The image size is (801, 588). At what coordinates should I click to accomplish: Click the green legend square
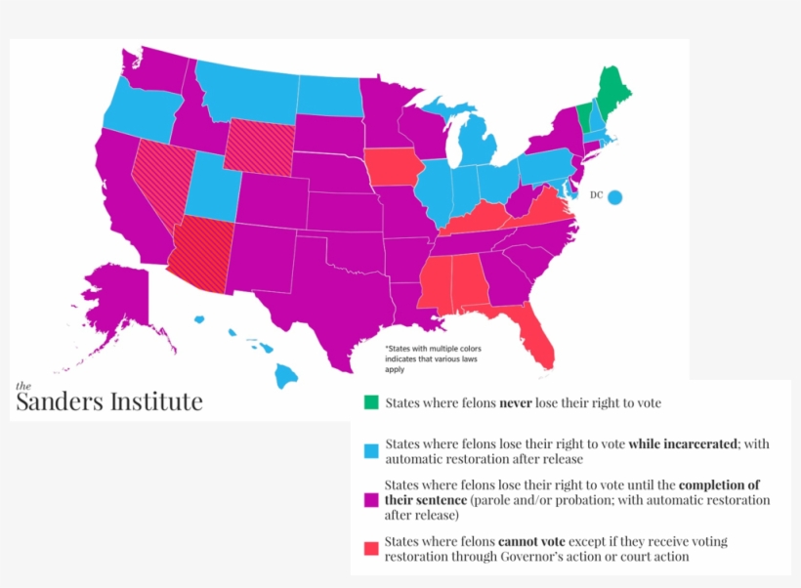coord(371,401)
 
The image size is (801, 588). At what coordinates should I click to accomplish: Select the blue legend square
coord(371,451)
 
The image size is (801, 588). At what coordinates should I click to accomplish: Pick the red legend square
coord(371,549)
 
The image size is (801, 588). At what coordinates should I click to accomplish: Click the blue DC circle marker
coord(614,196)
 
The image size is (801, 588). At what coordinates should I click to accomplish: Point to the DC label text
coord(596,195)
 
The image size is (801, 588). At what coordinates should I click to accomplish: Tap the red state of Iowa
coord(395,168)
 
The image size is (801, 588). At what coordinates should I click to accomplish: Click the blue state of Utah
coord(206,187)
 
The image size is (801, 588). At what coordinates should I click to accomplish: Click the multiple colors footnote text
coord(433,359)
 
